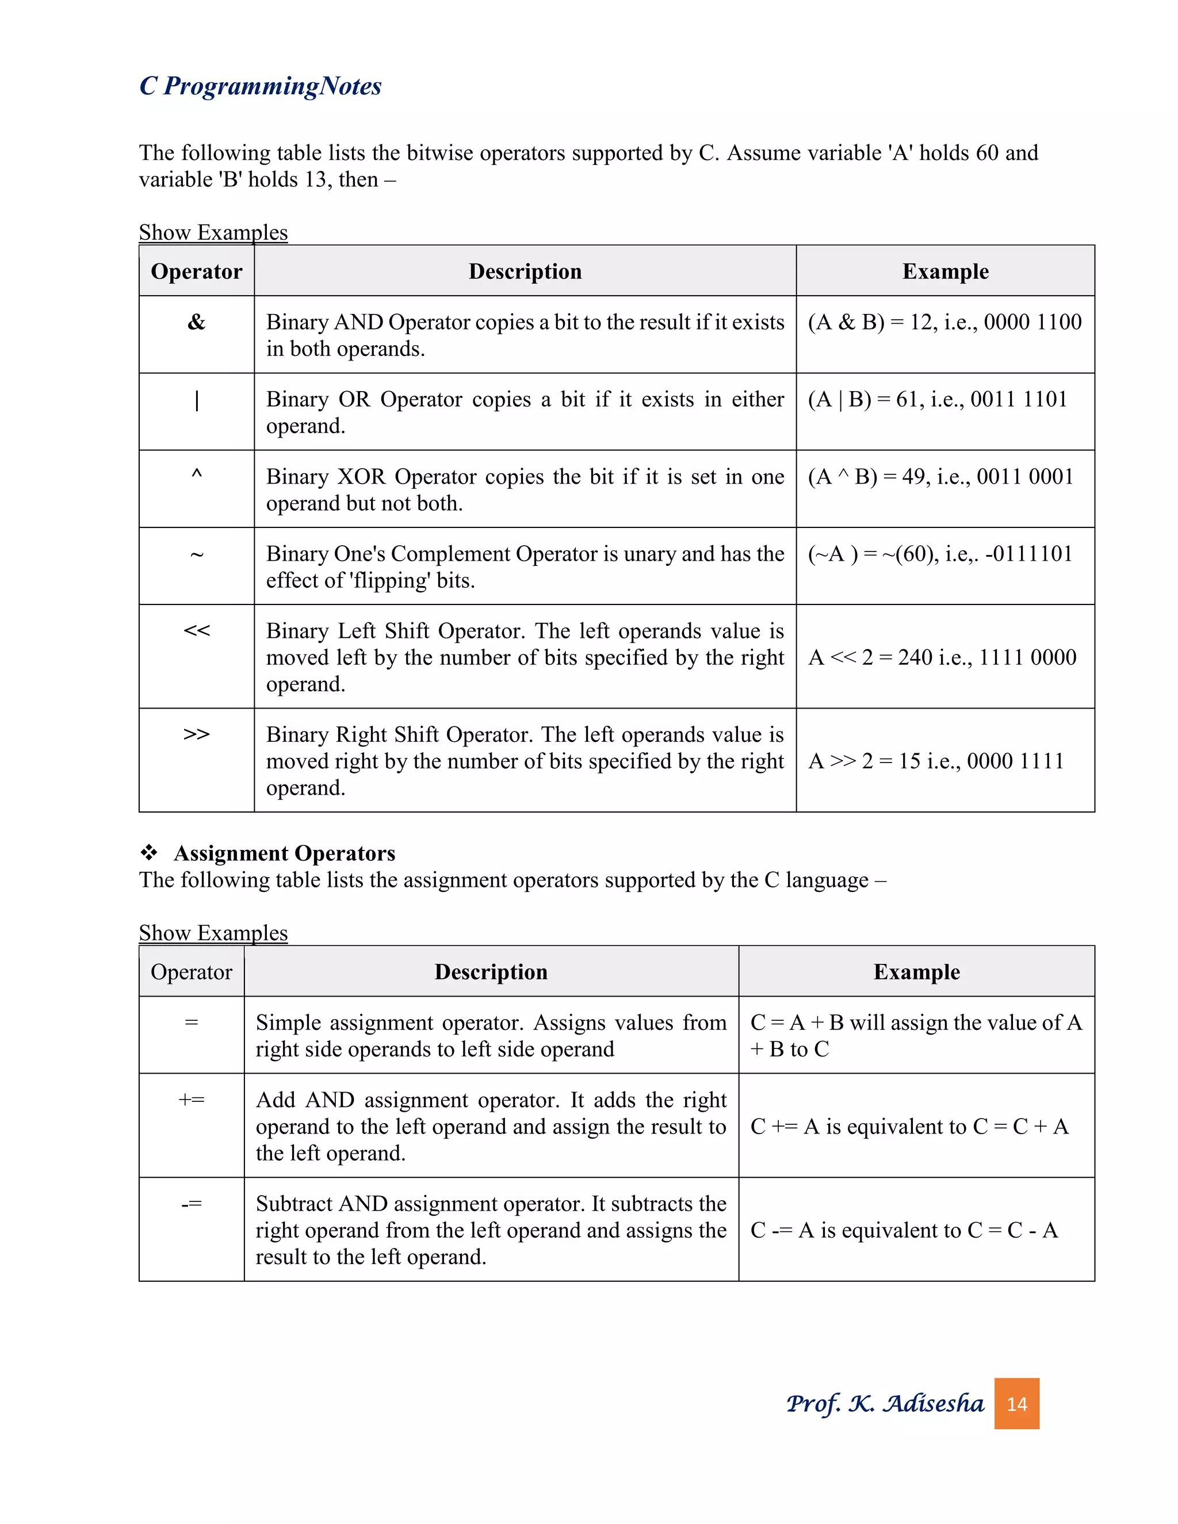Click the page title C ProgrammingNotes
coord(261,86)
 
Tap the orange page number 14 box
coord(1016,1403)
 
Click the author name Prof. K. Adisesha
coord(884,1403)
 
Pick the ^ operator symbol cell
coord(196,475)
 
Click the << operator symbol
coord(196,630)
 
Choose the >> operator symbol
coord(196,734)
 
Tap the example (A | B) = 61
coord(937,399)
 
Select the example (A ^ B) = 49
coord(940,477)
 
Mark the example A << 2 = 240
coord(942,657)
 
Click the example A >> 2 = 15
coord(935,761)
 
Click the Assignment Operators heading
coord(284,853)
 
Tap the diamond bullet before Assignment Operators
coord(148,852)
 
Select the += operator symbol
coord(191,1100)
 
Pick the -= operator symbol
coord(191,1204)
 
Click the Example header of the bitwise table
coord(945,271)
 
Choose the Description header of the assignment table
coord(491,971)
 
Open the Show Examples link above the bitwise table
coord(213,232)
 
